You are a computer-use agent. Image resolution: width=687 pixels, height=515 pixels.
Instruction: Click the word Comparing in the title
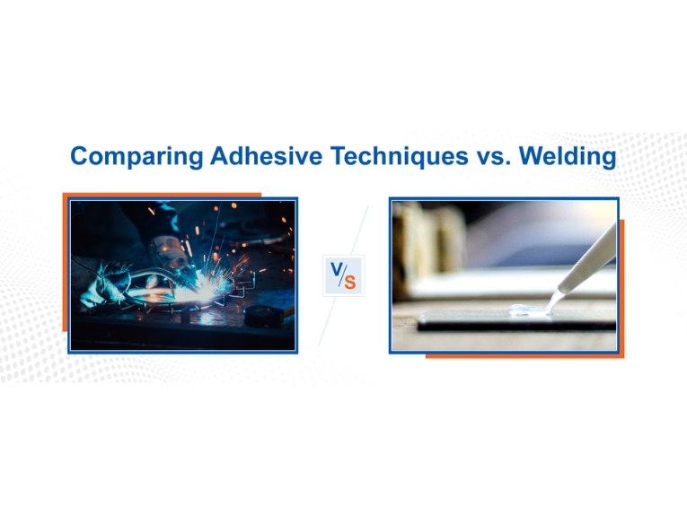pyautogui.click(x=137, y=157)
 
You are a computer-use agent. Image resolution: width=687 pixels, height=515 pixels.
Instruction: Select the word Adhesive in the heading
pyautogui.click(x=267, y=155)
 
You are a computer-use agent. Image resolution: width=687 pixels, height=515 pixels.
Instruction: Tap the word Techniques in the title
pyautogui.click(x=400, y=156)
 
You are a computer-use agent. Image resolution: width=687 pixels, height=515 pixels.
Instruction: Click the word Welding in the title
pyautogui.click(x=568, y=157)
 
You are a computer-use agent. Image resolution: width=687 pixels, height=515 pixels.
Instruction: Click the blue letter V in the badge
pyautogui.click(x=337, y=268)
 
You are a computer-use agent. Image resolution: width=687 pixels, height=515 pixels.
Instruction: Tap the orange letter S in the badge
pyautogui.click(x=349, y=283)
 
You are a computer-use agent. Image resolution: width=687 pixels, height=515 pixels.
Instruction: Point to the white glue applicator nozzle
pyautogui.click(x=587, y=259)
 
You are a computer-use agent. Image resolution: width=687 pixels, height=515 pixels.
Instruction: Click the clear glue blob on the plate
pyautogui.click(x=529, y=310)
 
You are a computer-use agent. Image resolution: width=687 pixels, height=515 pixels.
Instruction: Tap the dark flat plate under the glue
pyautogui.click(x=517, y=320)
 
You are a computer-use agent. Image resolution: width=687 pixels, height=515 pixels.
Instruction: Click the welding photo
pyautogui.click(x=182, y=275)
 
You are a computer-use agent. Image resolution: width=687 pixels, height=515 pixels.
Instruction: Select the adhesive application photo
pyautogui.click(x=504, y=275)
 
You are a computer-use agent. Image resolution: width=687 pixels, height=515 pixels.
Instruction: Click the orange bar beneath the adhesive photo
pyautogui.click(x=524, y=356)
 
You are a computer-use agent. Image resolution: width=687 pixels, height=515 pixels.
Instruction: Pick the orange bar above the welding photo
pyautogui.click(x=162, y=195)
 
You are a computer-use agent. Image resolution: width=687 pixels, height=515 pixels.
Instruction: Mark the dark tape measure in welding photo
pyautogui.click(x=264, y=316)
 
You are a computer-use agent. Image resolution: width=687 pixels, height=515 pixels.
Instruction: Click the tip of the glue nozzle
pyautogui.click(x=559, y=291)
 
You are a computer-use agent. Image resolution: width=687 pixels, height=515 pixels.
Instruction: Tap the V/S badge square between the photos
pyautogui.click(x=343, y=275)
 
